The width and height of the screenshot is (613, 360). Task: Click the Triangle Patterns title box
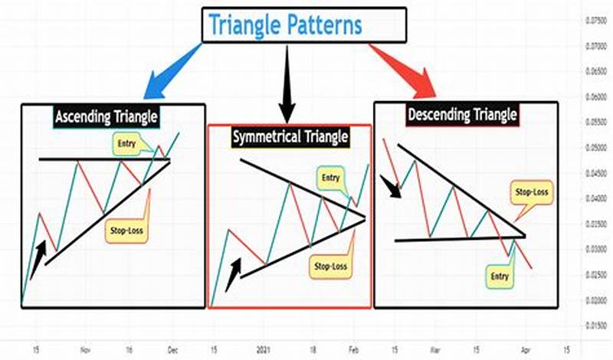pos(305,25)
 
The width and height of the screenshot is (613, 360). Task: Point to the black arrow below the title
pos(287,80)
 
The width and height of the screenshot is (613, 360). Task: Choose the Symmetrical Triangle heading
pos(290,137)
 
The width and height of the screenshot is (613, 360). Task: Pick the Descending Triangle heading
pos(462,116)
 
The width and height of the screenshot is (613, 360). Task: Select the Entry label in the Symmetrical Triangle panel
pos(329,178)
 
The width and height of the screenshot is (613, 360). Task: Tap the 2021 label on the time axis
pos(263,345)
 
